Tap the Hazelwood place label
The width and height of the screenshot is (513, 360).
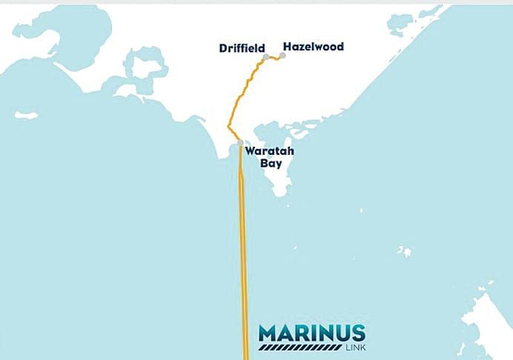click(312, 47)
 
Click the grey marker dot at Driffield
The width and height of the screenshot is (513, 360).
click(265, 56)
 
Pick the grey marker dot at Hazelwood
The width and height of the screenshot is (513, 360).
click(282, 56)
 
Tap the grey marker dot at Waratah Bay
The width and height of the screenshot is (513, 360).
click(239, 142)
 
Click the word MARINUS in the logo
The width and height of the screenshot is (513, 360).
click(311, 333)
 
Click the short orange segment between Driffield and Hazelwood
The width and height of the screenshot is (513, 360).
click(274, 57)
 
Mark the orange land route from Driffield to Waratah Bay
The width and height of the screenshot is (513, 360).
click(239, 96)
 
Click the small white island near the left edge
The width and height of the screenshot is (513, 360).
click(26, 116)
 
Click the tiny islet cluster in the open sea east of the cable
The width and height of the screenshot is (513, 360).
click(405, 252)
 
